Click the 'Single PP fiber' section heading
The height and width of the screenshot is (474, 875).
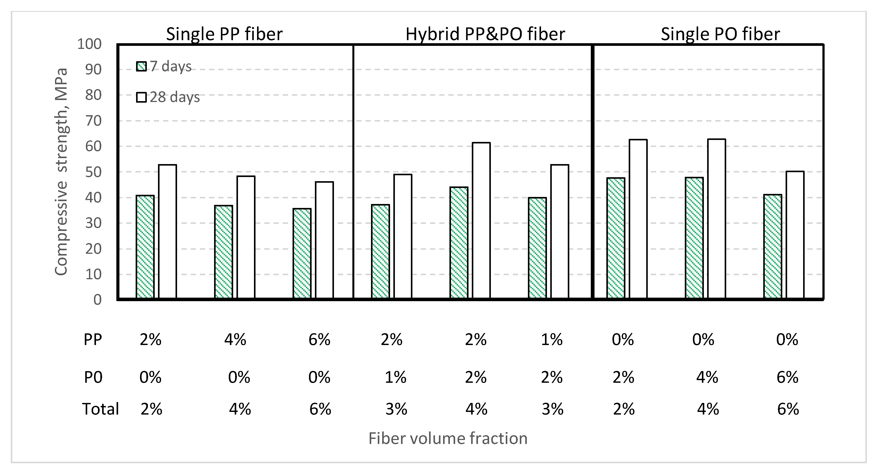[x=224, y=34]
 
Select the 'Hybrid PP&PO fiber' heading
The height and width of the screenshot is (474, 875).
[x=485, y=34]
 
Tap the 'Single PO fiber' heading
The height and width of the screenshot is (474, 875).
[x=720, y=34]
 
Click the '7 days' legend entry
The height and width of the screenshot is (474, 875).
[x=164, y=66]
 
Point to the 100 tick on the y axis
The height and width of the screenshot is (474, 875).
[x=90, y=44]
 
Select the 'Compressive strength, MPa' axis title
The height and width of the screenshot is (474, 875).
[x=62, y=172]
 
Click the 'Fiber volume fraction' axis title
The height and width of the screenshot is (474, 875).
[x=448, y=438]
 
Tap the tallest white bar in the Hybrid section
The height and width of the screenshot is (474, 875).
[x=481, y=221]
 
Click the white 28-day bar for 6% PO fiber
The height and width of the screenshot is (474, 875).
[x=795, y=235]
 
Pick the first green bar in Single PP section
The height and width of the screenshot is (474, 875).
[x=145, y=247]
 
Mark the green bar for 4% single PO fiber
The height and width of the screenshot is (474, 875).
[x=694, y=238]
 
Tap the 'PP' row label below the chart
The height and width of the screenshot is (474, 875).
[x=93, y=340]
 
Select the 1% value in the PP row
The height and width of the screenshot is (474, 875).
[x=552, y=340]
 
